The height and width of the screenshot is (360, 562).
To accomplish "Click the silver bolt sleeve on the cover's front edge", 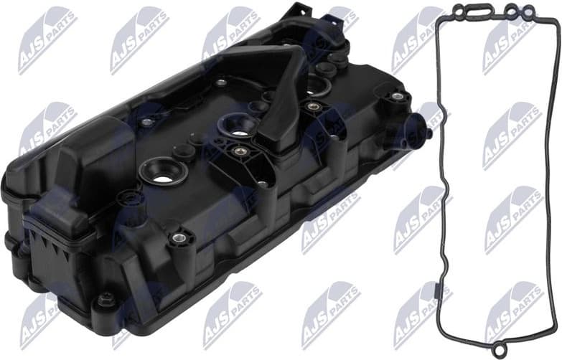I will click(179, 239).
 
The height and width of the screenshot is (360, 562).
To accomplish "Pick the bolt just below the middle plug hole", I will click(236, 151).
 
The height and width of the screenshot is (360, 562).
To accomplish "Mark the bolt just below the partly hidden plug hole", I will click(313, 107).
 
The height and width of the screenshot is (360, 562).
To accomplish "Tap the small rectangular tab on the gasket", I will click(440, 291).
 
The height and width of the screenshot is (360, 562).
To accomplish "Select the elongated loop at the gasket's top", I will click(474, 10).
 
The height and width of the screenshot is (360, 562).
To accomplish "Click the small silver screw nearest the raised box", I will click(146, 123).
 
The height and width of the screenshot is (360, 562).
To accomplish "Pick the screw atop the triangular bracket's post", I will click(263, 184).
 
